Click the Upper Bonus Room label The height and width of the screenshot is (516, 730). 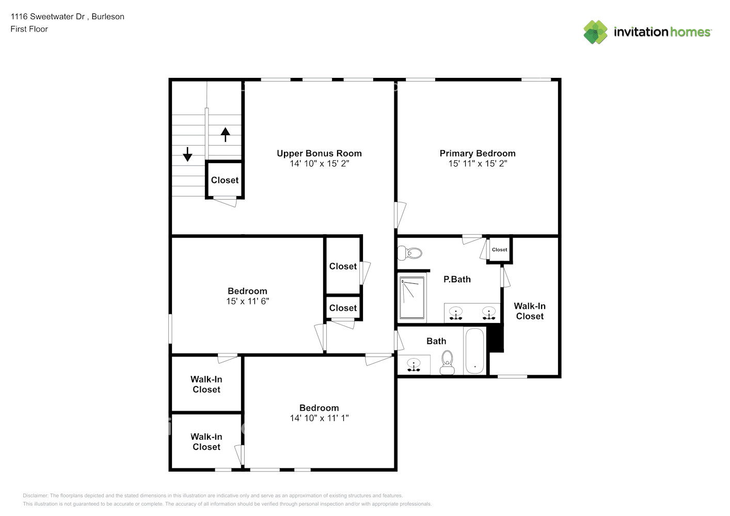pos(319,153)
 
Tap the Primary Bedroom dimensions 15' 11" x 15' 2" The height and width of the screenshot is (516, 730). pos(478,164)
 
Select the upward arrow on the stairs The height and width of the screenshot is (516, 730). pos(225,134)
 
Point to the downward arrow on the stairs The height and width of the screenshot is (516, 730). pos(187,154)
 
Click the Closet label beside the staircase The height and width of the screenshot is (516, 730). pos(225,180)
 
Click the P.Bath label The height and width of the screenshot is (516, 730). pos(457,279)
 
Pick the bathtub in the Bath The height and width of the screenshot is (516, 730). pos(474,350)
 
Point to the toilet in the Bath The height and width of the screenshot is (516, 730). pos(447,361)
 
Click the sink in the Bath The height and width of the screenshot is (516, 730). pos(414,364)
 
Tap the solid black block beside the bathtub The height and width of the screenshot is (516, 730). pos(496,338)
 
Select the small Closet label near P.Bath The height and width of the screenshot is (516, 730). pos(499,250)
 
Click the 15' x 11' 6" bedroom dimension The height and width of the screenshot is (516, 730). pos(247,301)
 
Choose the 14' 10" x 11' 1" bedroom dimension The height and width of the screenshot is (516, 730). pos(319,418)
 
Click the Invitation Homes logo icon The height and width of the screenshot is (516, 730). pos(595,32)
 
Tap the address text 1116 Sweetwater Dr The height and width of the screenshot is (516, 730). pos(47,17)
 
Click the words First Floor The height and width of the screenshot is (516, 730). pos(29,29)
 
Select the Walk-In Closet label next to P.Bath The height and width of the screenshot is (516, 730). pos(530,311)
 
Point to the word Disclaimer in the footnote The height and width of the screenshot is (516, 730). pos(35,495)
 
